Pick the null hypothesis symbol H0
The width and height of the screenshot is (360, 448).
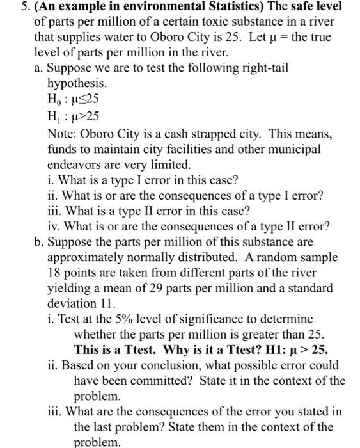pos(56,100)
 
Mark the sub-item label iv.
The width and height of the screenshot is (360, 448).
pos(55,225)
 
